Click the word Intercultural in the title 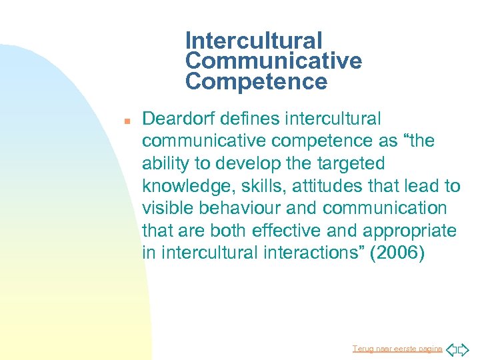(x=254, y=41)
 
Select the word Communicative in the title (x=273, y=61)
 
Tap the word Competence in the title (x=257, y=82)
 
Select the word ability (x=163, y=164)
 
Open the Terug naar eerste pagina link (x=397, y=349)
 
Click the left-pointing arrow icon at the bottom (x=451, y=349)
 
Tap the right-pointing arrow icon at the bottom (x=464, y=349)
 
